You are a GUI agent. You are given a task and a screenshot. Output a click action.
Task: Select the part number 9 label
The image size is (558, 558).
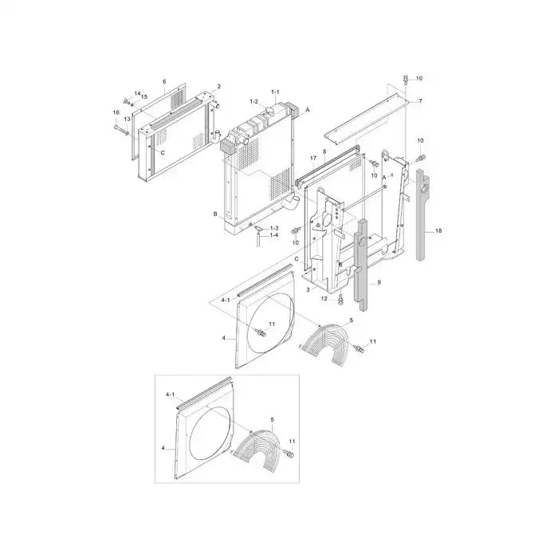(379, 282)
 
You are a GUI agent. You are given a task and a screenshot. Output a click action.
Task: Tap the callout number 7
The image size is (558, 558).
(420, 100)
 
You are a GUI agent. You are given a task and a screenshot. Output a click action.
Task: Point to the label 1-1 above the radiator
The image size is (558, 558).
(275, 93)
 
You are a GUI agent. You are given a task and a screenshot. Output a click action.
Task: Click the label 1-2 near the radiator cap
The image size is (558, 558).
(253, 101)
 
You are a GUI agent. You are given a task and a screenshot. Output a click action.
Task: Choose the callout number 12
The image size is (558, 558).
(324, 298)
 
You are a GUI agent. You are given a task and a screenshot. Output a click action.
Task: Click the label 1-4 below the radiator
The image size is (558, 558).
(273, 235)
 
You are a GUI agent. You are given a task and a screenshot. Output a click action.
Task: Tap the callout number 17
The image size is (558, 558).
(313, 159)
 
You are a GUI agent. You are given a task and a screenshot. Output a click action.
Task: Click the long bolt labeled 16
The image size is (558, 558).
(120, 129)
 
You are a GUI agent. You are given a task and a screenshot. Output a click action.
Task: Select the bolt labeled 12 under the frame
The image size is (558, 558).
(340, 299)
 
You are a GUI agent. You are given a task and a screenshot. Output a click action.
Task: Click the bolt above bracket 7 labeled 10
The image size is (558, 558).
(406, 79)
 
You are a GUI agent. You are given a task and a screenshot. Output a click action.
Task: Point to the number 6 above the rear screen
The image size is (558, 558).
(164, 81)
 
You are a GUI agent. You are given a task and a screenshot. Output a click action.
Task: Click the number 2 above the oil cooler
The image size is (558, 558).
(219, 86)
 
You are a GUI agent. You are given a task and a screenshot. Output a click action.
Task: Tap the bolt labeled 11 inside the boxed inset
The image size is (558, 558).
(288, 454)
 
